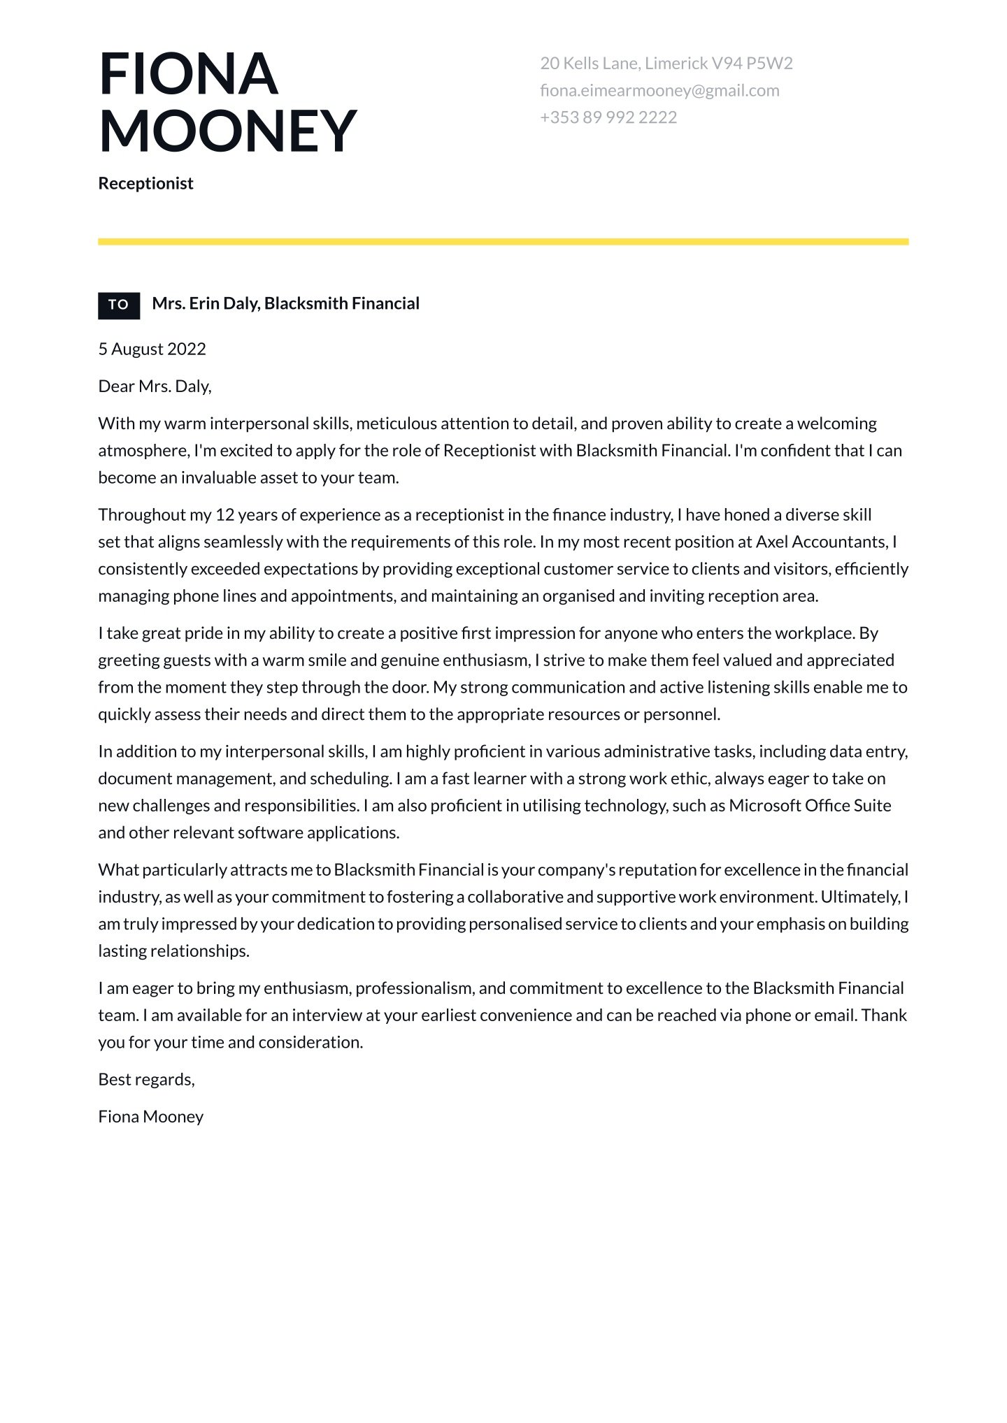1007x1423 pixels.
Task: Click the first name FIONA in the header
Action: tap(188, 74)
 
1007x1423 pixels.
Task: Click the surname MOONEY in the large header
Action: tap(227, 131)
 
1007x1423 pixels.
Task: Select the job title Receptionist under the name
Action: tap(145, 183)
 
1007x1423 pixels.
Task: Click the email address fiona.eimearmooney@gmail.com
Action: tap(659, 90)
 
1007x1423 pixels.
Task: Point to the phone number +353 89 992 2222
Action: tap(608, 117)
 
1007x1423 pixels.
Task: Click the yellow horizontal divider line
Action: tap(503, 242)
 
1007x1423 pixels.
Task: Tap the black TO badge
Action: tap(119, 305)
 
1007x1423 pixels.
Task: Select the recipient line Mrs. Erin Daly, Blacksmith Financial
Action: tap(285, 303)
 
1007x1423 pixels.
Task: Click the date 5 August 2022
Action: tap(152, 349)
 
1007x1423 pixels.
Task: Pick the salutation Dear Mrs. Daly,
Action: tap(155, 386)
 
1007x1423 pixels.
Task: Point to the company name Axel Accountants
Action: tap(821, 542)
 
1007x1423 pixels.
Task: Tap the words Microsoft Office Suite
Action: tap(810, 806)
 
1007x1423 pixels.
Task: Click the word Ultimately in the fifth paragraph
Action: tap(859, 897)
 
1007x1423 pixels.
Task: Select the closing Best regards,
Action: tap(146, 1080)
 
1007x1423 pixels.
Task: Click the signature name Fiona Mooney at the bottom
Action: tap(150, 1117)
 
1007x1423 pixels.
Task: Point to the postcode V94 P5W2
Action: tap(752, 64)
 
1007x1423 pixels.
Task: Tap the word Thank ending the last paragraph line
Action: tap(884, 1016)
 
